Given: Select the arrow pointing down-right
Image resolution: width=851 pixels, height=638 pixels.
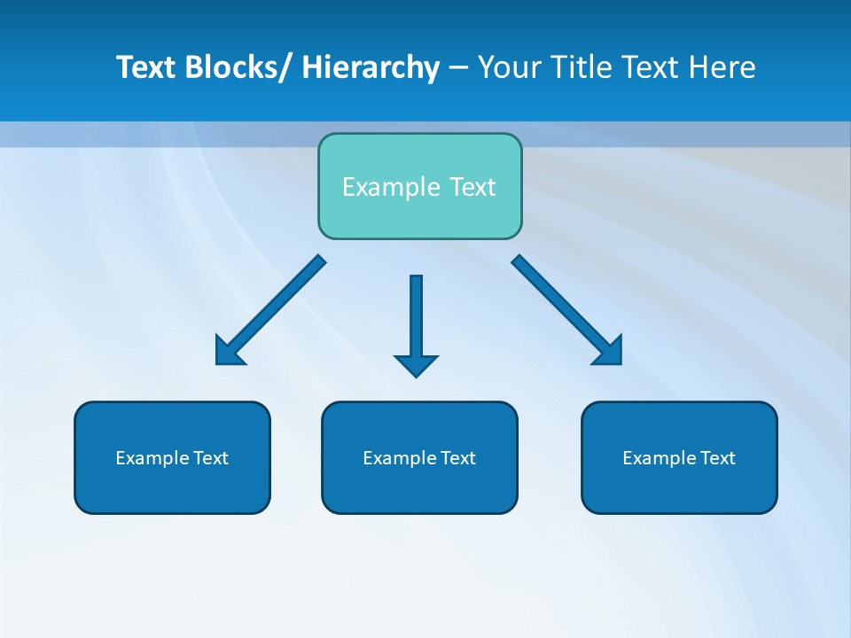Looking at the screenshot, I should pyautogui.click(x=558, y=301).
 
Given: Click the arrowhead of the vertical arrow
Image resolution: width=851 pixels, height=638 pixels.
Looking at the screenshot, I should pyautogui.click(x=416, y=364).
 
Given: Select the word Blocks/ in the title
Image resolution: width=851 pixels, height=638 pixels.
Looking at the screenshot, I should pyautogui.click(x=237, y=67).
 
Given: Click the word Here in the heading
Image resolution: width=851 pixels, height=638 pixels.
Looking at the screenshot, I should pyautogui.click(x=723, y=67).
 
